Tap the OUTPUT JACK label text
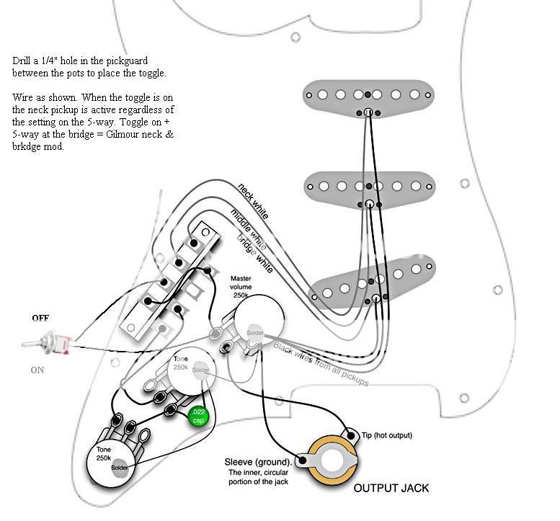pyautogui.click(x=391, y=488)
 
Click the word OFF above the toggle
pyautogui.click(x=40, y=318)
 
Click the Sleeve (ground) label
pyautogui.click(x=258, y=462)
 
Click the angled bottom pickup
pyautogui.click(x=373, y=280)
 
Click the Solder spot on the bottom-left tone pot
pyautogui.click(x=120, y=468)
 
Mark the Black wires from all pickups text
pyautogui.click(x=321, y=363)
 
